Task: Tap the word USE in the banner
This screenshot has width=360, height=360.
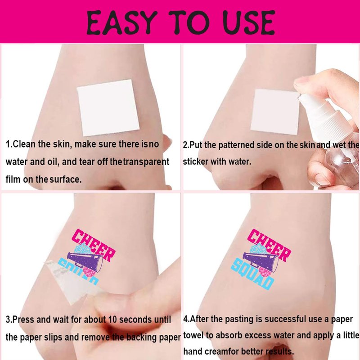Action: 249,22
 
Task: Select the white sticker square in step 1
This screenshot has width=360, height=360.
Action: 108,108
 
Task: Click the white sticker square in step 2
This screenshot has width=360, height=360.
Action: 275,112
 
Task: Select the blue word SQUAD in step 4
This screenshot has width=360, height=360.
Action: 252,273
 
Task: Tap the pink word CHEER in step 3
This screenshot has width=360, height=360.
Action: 93,245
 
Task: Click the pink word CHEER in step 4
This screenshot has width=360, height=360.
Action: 269,245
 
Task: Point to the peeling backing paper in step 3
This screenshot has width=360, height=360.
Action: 71,283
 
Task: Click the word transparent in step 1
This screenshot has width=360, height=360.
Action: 146,162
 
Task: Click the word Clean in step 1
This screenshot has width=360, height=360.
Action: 24,144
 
